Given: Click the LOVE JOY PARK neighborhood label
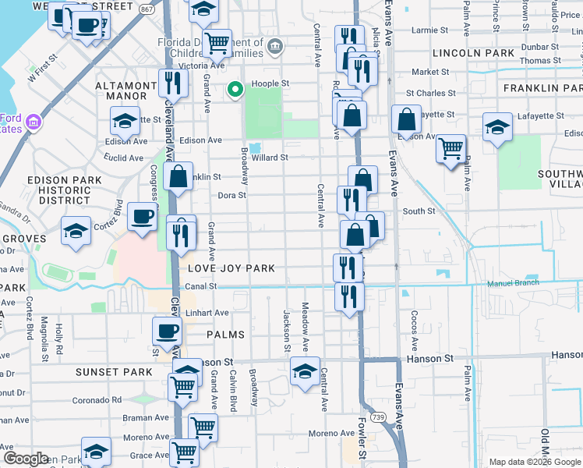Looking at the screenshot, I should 231,268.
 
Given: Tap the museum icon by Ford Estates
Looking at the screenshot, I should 33,122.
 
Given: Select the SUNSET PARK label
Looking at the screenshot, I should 114,372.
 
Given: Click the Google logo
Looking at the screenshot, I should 26,459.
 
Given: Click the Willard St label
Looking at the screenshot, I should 270,158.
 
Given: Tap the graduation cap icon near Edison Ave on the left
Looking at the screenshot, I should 125,120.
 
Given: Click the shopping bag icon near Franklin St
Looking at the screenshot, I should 178,176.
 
